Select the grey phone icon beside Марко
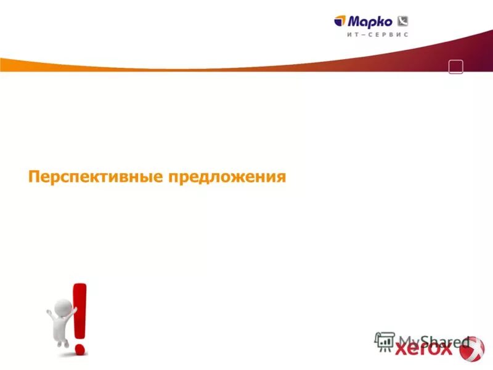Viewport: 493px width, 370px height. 404,21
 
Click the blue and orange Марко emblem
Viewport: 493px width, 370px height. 341,22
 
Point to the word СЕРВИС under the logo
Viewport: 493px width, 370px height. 388,35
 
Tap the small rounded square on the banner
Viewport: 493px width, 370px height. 456,67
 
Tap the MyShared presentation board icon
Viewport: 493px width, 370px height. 385,342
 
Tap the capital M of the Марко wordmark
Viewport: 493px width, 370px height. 357,21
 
